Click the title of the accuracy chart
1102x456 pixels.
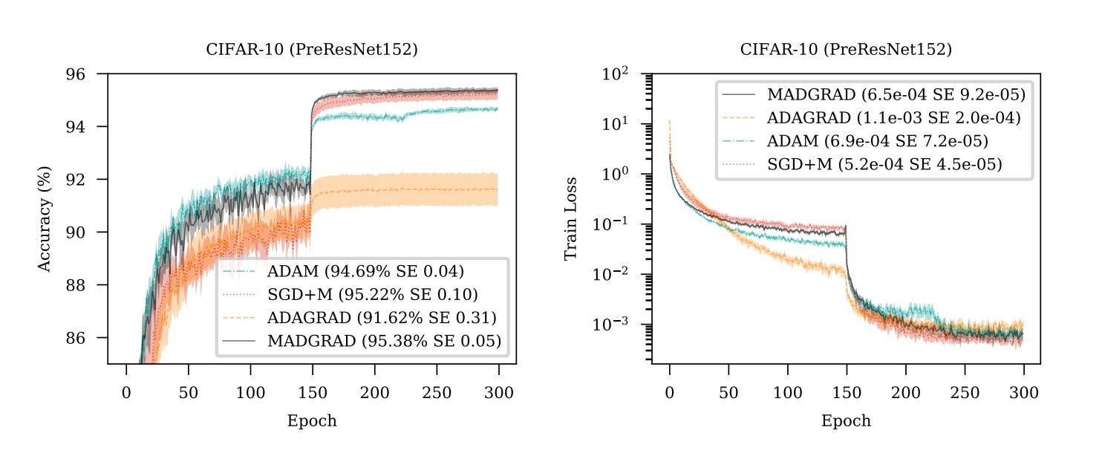pyautogui.click(x=311, y=50)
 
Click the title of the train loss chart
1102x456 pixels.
pyautogui.click(x=846, y=50)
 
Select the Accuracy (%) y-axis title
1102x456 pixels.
pyautogui.click(x=45, y=218)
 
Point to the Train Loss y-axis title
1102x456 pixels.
pyautogui.click(x=570, y=218)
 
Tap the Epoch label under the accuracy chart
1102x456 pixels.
pyautogui.click(x=312, y=421)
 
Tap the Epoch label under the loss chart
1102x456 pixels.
pyautogui.click(x=846, y=421)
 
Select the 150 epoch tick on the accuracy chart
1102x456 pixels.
pyautogui.click(x=313, y=392)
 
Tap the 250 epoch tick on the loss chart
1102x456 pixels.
pyautogui.click(x=964, y=392)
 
